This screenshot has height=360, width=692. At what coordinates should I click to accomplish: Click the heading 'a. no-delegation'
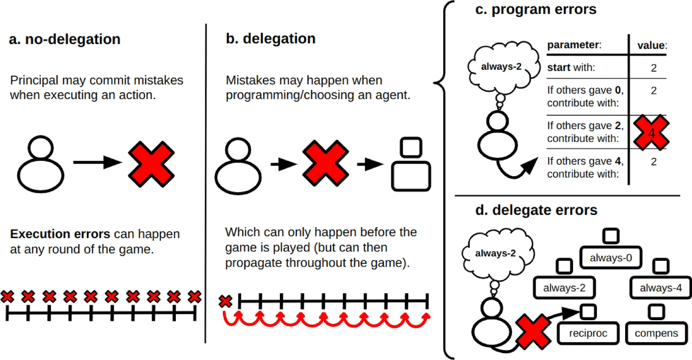tap(65, 39)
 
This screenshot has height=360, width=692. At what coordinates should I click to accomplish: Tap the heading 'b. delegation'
tap(271, 39)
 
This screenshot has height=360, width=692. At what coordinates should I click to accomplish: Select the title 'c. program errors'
tap(536, 9)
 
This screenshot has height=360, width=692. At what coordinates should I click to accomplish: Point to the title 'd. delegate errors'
tap(536, 210)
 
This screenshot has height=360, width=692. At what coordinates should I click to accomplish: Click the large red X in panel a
tap(151, 164)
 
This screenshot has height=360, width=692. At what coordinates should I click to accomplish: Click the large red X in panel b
tap(325, 163)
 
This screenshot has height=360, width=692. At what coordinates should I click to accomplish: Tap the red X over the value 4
tap(651, 133)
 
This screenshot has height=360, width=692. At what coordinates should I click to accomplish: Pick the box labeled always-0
tap(611, 258)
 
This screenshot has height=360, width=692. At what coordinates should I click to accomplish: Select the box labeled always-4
tap(660, 288)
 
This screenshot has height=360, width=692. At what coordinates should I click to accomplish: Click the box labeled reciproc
tap(588, 333)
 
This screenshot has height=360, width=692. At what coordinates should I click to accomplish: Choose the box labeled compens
tap(656, 333)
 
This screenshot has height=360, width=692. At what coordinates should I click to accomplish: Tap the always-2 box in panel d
tap(564, 288)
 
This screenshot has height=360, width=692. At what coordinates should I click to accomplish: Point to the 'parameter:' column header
tap(574, 45)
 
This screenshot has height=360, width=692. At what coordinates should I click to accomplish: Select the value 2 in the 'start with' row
tap(654, 68)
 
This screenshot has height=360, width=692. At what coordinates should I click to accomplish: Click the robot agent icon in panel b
tap(411, 164)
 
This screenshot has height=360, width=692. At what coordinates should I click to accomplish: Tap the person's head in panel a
tap(41, 147)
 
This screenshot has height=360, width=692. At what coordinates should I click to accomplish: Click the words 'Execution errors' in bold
tap(60, 234)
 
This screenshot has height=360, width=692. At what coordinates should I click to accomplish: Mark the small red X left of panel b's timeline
tap(225, 301)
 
